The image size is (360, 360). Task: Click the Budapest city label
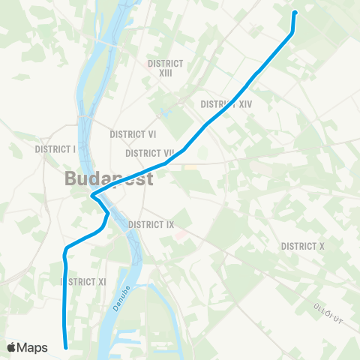click(x=109, y=179)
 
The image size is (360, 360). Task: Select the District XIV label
click(x=226, y=104)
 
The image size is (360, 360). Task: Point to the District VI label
click(x=133, y=134)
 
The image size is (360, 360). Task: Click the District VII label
click(x=150, y=153)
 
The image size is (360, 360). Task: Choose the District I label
click(x=55, y=149)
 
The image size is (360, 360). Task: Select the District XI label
click(x=84, y=281)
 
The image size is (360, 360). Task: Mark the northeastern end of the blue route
click(x=294, y=12)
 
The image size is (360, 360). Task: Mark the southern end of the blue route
click(x=67, y=346)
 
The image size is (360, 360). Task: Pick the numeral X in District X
click(x=320, y=246)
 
